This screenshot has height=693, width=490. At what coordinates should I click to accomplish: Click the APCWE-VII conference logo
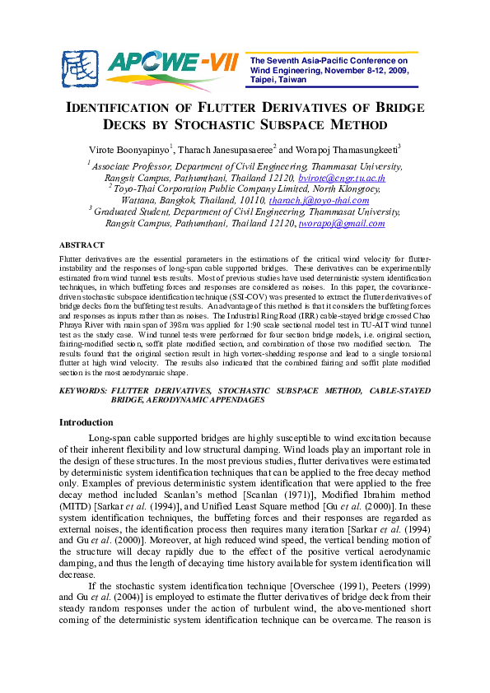tap(153, 63)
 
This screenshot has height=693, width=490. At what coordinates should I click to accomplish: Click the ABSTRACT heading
tap(82, 245)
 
